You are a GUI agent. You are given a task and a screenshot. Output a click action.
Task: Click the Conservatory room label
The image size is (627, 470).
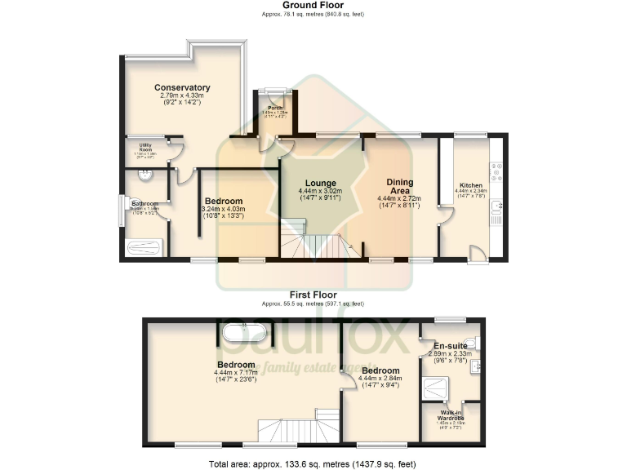point(182,87)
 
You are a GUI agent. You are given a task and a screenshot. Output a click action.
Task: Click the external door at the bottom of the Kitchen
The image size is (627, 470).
point(479,252)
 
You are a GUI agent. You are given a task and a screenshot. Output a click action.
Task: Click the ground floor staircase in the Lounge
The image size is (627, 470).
point(314,243)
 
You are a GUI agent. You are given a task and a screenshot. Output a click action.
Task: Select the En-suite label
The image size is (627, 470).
point(450,345)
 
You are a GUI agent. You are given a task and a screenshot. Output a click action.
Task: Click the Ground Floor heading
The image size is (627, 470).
point(313,5)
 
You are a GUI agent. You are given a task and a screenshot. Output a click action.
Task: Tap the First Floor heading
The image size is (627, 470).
point(313,295)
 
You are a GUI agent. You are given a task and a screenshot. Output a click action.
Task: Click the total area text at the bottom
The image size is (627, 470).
point(313,463)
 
